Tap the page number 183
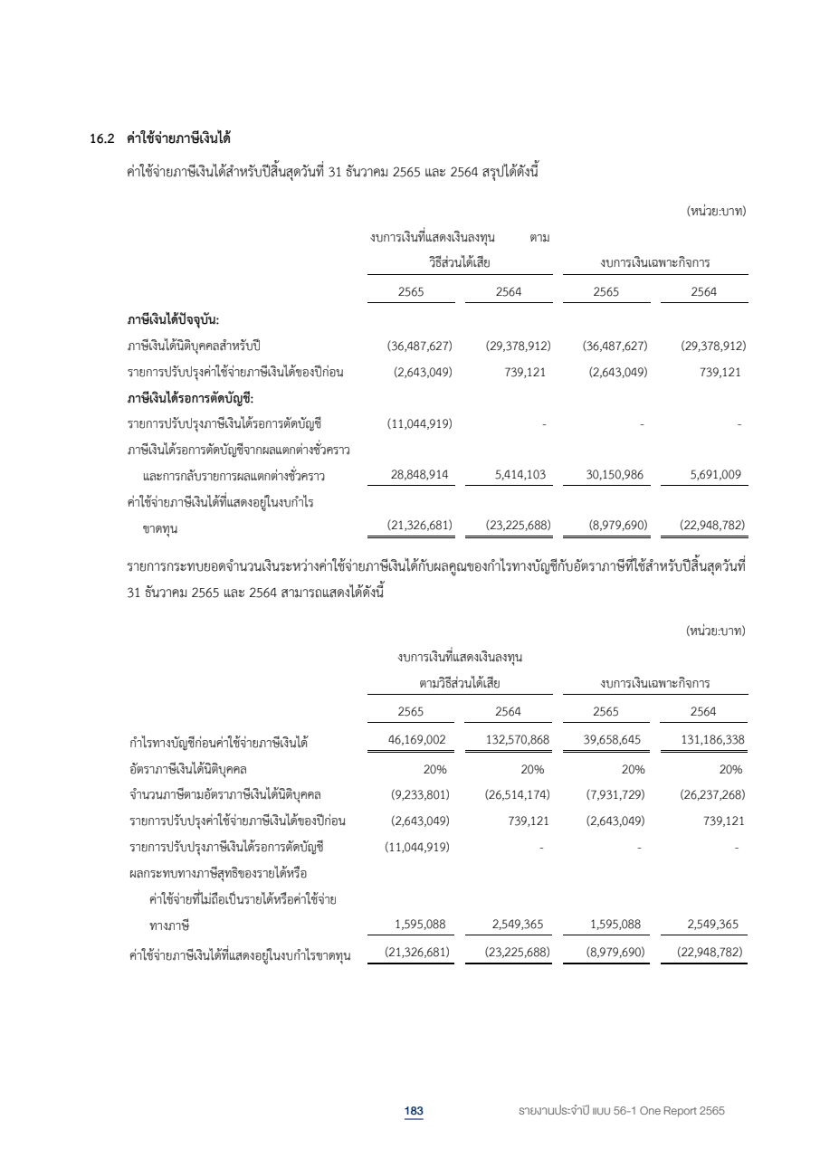click(414, 1110)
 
